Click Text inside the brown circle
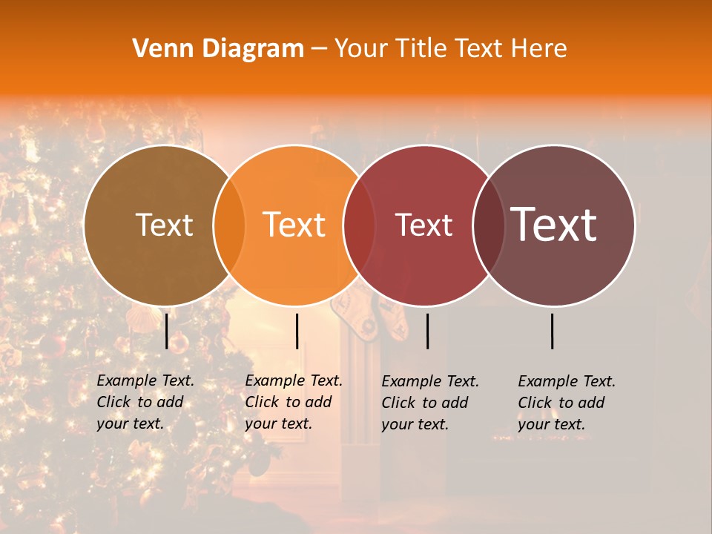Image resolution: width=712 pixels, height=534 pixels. pyautogui.click(x=164, y=225)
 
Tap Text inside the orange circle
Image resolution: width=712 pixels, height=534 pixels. pyautogui.click(x=294, y=225)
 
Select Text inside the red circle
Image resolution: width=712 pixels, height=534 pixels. pyautogui.click(x=424, y=225)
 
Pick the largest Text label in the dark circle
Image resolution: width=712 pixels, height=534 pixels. pyautogui.click(x=554, y=225)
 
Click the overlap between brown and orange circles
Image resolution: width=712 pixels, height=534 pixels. pyautogui.click(x=229, y=225)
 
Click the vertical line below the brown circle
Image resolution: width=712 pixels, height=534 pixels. pyautogui.click(x=167, y=331)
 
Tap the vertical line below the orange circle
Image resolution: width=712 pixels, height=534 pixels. pyautogui.click(x=297, y=331)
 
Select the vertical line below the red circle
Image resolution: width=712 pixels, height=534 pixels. pyautogui.click(x=427, y=331)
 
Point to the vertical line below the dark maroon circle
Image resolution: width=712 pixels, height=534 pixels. pyautogui.click(x=553, y=331)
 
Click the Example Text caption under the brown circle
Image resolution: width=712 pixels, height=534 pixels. pyautogui.click(x=145, y=402)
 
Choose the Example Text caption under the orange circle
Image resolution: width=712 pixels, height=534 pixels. pyautogui.click(x=294, y=402)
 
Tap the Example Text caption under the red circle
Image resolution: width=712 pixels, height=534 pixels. pyautogui.click(x=430, y=402)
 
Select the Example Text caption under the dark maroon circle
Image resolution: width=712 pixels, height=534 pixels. pyautogui.click(x=567, y=402)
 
